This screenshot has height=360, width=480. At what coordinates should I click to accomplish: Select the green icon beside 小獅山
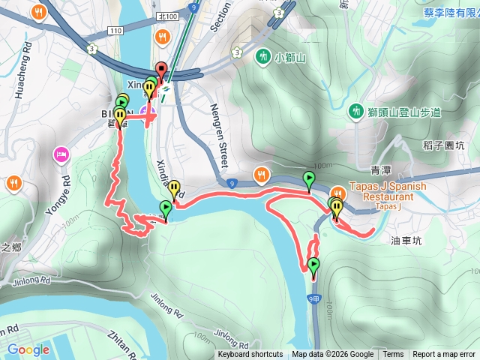[x=262, y=55]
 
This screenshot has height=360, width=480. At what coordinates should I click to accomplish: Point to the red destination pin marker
[x=160, y=69]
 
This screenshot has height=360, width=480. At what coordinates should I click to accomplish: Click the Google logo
[x=28, y=349]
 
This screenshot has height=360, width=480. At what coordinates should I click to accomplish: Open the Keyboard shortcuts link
[x=250, y=355]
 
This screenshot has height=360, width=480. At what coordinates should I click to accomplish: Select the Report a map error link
[x=444, y=355]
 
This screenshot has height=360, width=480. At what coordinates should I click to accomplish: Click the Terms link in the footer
[x=393, y=355]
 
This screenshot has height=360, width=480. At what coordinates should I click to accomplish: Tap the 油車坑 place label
[x=407, y=241]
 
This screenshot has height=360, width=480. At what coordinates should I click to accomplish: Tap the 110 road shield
[x=115, y=31]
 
